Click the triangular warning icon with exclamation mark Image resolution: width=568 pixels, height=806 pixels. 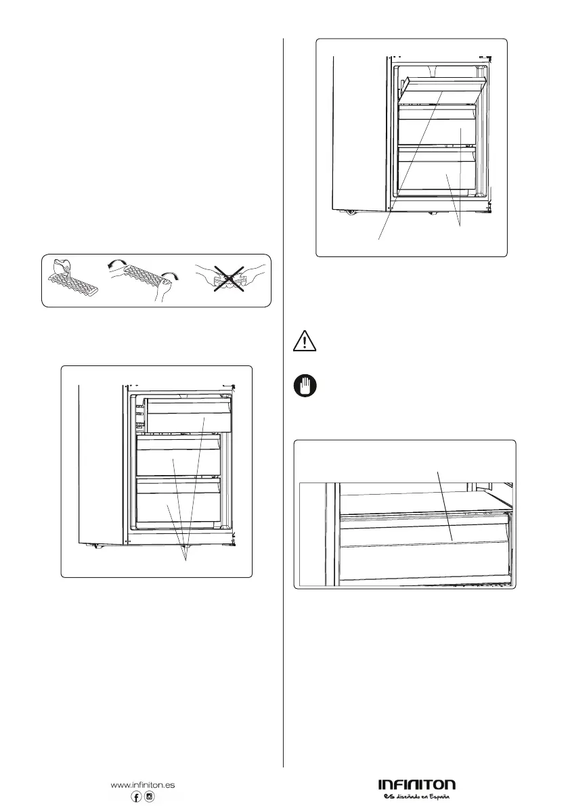pyautogui.click(x=305, y=340)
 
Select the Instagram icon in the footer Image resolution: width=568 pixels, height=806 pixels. pyautogui.click(x=150, y=797)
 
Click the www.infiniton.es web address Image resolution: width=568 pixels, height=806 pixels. pyautogui.click(x=142, y=785)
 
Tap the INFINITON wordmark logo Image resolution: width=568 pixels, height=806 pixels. pyautogui.click(x=416, y=785)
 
